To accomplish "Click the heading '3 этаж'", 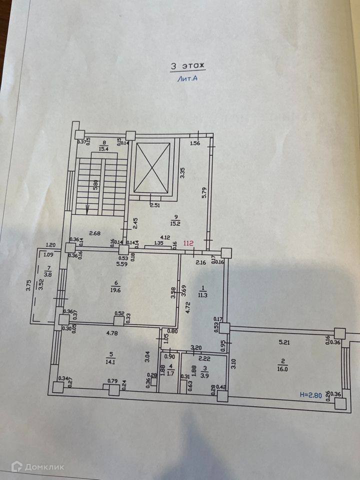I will [188, 66].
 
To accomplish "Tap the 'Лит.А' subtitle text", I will [187, 78].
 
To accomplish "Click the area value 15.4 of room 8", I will [104, 148].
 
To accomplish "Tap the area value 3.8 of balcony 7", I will [46, 274].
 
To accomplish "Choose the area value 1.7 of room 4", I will [170, 372].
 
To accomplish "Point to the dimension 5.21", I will [284, 342].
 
